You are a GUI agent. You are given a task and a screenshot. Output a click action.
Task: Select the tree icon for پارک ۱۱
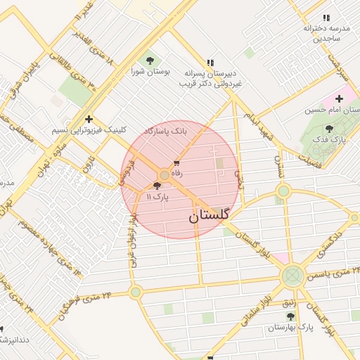pyautogui.click(x=156, y=186)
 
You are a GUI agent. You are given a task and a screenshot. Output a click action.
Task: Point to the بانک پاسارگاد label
pyautogui.click(x=165, y=131)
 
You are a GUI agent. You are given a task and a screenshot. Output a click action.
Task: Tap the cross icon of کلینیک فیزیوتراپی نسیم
pyautogui.click(x=88, y=119)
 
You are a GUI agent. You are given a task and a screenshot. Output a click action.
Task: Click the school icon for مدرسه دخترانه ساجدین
pyautogui.click(x=325, y=18)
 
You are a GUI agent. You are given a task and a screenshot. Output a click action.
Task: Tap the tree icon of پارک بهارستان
pyautogui.click(x=290, y=316)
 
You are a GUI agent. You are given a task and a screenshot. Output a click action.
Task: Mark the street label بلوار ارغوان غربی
pyautogui.click(x=131, y=240)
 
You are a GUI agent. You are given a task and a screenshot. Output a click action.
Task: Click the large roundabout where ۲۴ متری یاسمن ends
pyautogui.click(x=292, y=276)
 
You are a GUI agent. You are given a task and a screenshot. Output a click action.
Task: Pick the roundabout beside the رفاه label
pyautogui.click(x=165, y=174)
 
